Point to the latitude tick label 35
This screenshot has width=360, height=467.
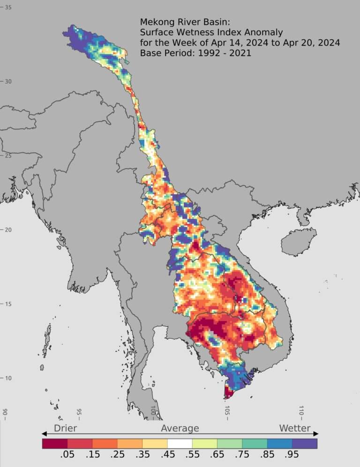tap(8, 8)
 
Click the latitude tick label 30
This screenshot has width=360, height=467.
tap(8, 82)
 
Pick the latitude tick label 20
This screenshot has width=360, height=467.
tap(8, 230)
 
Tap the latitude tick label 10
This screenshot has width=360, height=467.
tap(8, 378)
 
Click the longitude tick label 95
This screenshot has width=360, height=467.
tap(79, 412)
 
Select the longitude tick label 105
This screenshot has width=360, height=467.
tap(227, 411)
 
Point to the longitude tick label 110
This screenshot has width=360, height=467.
tap(301, 411)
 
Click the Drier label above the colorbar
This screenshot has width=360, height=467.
tap(65, 428)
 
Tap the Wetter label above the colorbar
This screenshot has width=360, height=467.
tap(295, 428)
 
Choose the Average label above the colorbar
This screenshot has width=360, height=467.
tap(180, 428)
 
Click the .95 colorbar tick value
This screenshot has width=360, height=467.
tap(292, 456)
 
